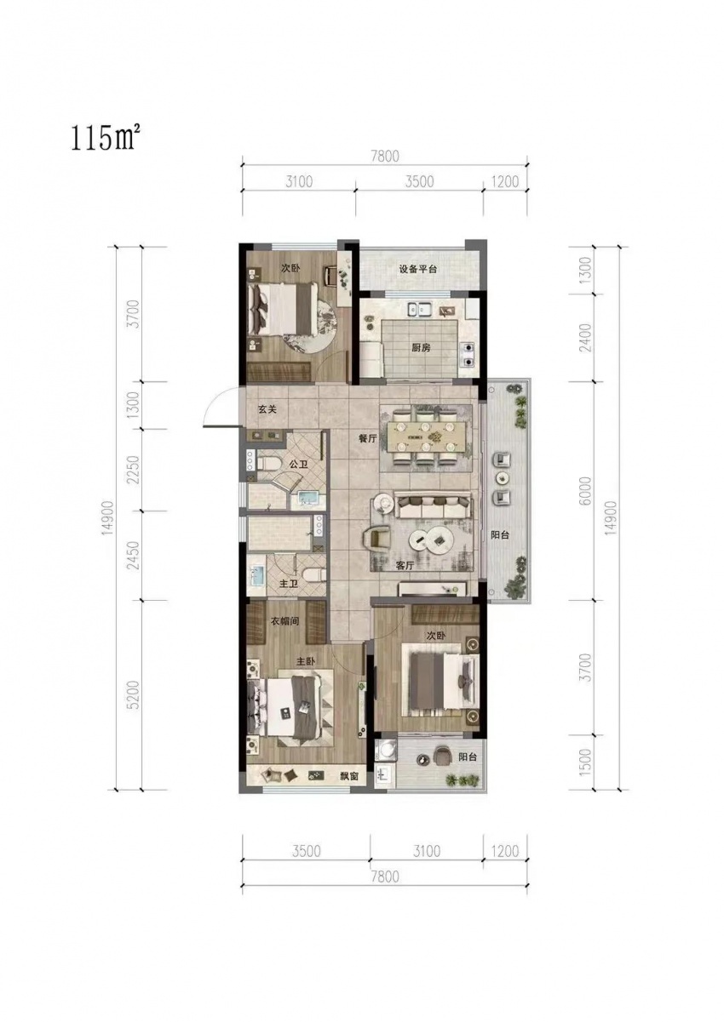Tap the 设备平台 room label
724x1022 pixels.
(x=418, y=269)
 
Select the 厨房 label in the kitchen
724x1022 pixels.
(x=421, y=348)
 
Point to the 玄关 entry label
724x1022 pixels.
(x=267, y=409)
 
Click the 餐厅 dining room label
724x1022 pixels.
(x=368, y=438)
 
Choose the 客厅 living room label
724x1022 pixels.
(x=405, y=566)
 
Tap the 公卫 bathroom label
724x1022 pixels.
(x=299, y=465)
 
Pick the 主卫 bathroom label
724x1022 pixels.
(x=288, y=584)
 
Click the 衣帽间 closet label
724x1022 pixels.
(x=284, y=621)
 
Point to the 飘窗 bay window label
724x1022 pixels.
(x=348, y=775)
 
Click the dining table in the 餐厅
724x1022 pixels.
(x=425, y=437)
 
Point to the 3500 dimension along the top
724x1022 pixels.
(x=419, y=181)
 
